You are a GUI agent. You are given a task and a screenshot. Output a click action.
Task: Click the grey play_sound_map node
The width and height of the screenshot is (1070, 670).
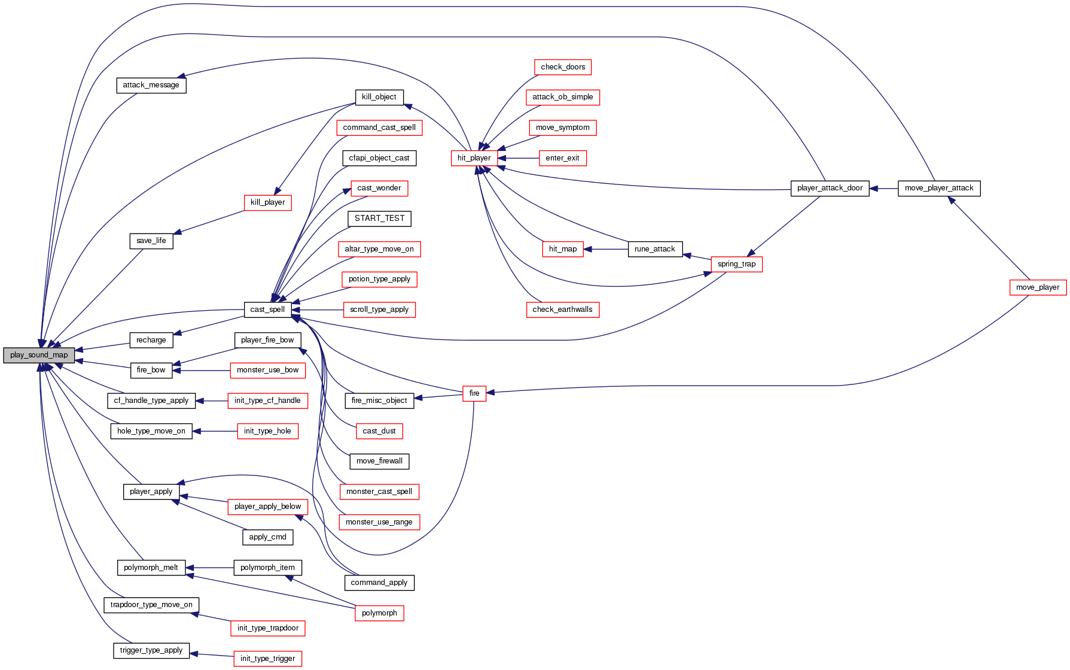(x=39, y=355)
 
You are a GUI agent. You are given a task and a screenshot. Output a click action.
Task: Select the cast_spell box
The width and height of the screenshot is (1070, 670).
(x=267, y=310)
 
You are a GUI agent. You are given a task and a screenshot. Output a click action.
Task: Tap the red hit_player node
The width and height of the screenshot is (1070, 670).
(x=474, y=158)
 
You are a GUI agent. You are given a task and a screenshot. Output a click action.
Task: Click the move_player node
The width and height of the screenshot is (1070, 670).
(x=1037, y=287)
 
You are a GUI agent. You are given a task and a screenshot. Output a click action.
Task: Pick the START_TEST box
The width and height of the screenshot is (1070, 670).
(x=379, y=219)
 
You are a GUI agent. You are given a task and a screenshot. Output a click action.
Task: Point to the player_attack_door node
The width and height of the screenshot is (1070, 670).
(x=830, y=188)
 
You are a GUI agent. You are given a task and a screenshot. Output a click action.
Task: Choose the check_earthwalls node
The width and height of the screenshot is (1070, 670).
(x=562, y=310)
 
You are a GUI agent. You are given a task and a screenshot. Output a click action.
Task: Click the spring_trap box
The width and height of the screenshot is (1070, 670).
(x=736, y=264)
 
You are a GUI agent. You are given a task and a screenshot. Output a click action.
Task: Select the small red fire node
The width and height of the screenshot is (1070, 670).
(x=474, y=393)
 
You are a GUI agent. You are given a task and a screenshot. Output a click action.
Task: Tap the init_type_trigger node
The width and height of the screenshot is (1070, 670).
(x=267, y=659)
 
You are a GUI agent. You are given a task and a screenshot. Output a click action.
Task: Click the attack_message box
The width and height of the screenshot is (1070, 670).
(x=151, y=85)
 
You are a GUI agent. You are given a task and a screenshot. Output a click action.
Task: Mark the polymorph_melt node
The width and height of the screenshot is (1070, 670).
(x=151, y=568)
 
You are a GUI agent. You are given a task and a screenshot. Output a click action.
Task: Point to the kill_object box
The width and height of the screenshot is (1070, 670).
(x=379, y=97)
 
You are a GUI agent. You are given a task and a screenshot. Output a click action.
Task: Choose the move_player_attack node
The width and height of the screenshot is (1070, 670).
(x=939, y=188)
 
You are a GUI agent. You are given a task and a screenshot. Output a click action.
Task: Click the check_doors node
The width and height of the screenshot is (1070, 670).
(x=563, y=67)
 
